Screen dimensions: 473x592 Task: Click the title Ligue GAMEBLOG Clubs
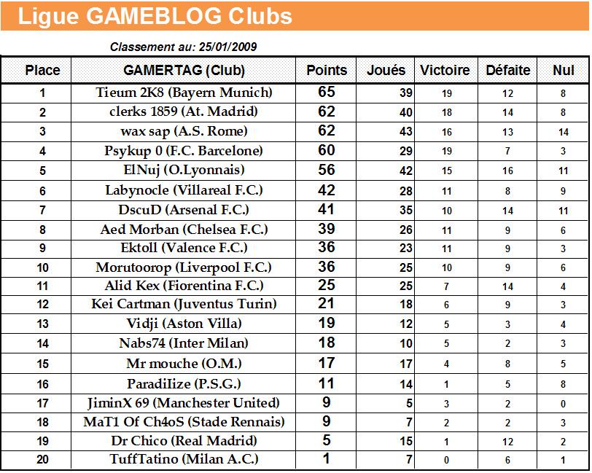click(155, 16)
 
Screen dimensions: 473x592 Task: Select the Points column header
click(327, 71)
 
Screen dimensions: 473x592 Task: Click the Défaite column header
click(507, 71)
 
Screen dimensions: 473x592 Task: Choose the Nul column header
click(563, 71)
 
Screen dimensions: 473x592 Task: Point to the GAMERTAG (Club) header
click(184, 71)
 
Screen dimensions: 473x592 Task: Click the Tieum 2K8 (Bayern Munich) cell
click(184, 93)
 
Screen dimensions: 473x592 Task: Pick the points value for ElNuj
click(327, 170)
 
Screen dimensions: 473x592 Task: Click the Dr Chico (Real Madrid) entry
click(184, 440)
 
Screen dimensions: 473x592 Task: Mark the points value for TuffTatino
click(327, 459)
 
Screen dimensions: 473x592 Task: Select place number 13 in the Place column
click(42, 324)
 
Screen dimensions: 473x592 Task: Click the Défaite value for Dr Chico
click(507, 442)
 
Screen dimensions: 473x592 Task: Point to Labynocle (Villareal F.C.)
click(184, 189)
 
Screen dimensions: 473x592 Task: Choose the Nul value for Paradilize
click(563, 384)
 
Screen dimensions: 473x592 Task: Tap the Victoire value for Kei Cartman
click(446, 305)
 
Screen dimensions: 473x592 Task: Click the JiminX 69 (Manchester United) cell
click(184, 402)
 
